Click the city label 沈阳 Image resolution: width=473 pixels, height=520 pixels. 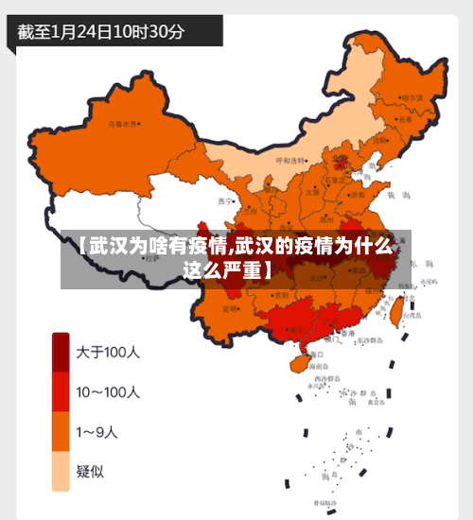pos(379,140)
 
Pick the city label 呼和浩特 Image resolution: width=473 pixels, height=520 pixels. pos(290,161)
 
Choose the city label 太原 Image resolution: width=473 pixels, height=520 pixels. pos(311,191)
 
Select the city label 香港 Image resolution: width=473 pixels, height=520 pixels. pos(349,333)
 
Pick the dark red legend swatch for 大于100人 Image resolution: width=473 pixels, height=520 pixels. pos(61,353)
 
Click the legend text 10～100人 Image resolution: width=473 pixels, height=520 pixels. pos(108,391)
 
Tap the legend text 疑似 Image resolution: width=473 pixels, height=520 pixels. pos(92,471)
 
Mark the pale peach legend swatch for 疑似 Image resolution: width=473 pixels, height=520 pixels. pos(61,471)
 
